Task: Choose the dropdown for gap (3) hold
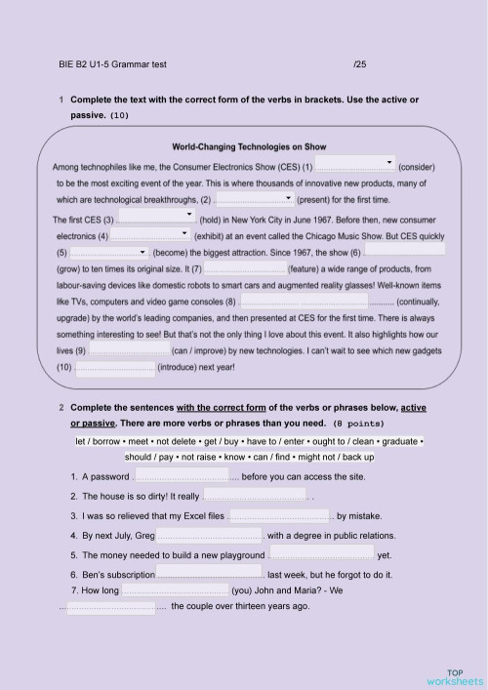[157, 216]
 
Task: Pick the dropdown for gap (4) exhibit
[150, 234]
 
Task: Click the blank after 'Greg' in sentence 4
[210, 535]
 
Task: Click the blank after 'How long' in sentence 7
[175, 590]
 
